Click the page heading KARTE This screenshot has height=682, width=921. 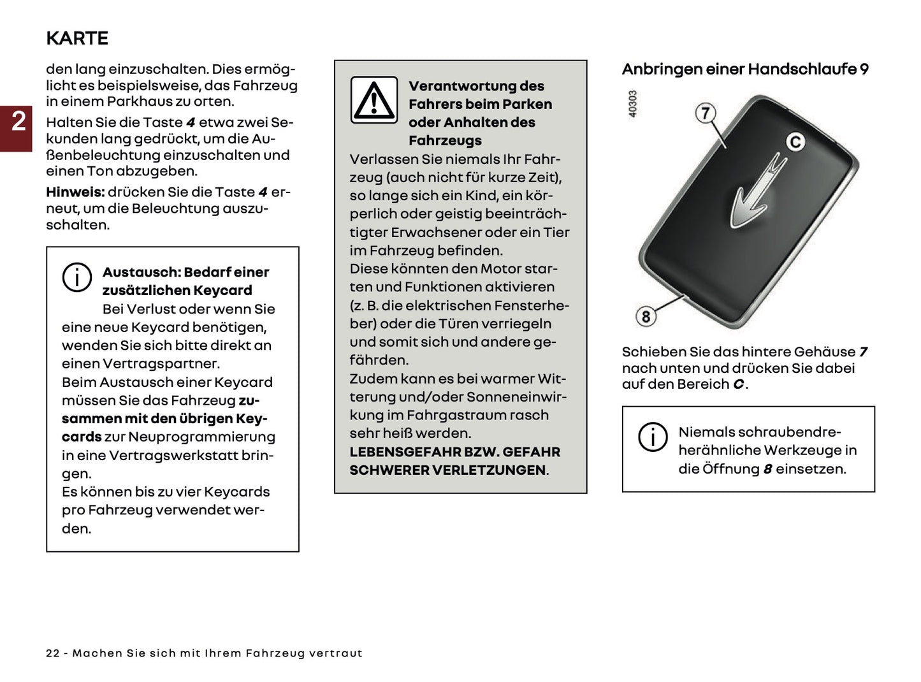pos(77,38)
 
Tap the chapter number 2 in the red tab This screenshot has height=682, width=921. pos(18,121)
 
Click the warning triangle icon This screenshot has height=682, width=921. pos(374,101)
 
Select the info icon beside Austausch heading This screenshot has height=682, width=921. pos(76,278)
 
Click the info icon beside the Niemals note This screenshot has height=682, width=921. pos(653,437)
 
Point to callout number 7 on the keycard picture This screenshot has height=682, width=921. pos(705,113)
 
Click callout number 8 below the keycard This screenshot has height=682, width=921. pos(646,316)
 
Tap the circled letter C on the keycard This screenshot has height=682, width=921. pos(795,141)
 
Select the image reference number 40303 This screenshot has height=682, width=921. pos(632,103)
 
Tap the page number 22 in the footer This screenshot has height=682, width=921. pos(52,653)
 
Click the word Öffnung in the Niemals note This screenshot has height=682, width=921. pos(730,469)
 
